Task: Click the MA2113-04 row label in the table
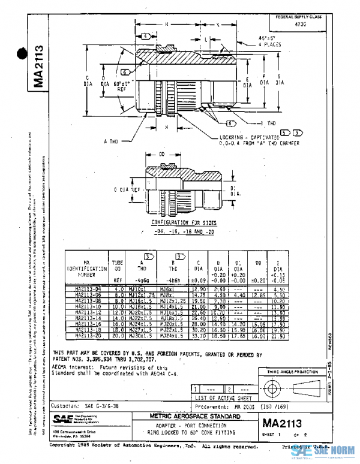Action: pyautogui.click(x=85, y=289)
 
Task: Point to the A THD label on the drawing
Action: pyautogui.click(x=112, y=141)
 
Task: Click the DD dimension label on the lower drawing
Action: pyautogui.click(x=161, y=155)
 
